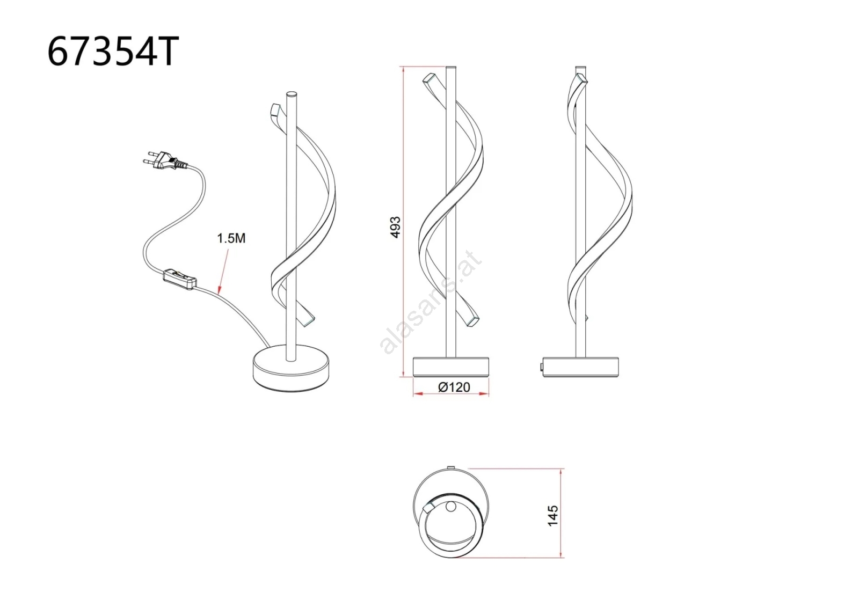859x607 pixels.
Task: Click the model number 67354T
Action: (x=113, y=52)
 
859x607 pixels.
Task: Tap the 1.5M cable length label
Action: (x=231, y=238)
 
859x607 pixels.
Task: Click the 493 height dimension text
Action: (x=395, y=228)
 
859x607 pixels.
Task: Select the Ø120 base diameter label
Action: (x=454, y=387)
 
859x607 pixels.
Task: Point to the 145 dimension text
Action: (x=552, y=516)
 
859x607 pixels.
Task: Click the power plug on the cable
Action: (x=165, y=160)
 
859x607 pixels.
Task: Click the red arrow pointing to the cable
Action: (x=223, y=272)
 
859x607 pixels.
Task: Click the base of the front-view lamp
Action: (x=451, y=367)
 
